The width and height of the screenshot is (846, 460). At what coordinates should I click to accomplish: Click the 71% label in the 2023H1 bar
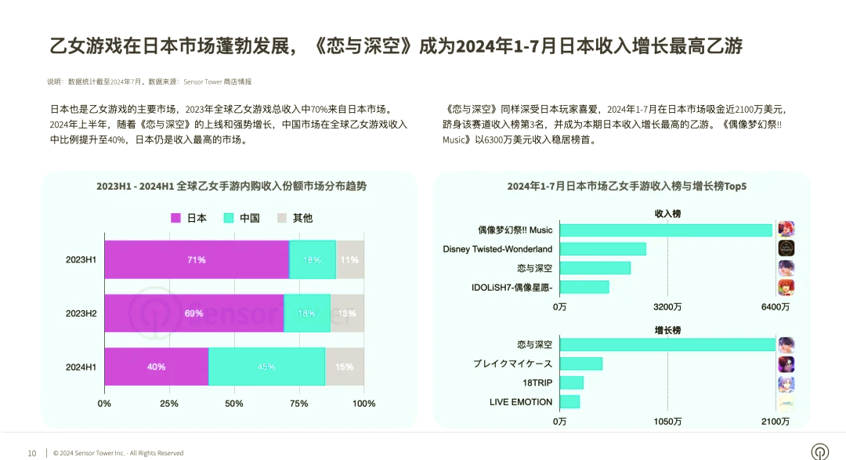(x=196, y=259)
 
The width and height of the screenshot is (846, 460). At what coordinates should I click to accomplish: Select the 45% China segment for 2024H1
(x=266, y=366)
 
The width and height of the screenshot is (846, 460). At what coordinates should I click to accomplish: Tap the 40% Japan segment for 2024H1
(x=156, y=366)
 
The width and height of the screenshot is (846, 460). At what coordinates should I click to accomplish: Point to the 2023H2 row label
(x=81, y=313)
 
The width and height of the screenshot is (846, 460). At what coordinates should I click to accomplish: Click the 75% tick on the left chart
(x=299, y=404)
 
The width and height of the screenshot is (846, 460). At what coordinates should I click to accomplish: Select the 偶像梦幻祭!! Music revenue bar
(x=666, y=230)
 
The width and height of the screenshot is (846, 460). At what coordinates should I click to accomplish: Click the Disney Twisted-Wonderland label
(x=497, y=249)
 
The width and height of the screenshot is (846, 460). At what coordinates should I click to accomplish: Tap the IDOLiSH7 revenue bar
(x=584, y=287)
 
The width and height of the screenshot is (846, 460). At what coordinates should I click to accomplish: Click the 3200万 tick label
(x=667, y=307)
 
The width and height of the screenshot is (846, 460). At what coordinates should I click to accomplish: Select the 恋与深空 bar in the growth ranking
(x=667, y=345)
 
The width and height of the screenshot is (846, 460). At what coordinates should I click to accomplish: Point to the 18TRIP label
(x=537, y=382)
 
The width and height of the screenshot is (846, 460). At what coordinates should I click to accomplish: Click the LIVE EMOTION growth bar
(x=569, y=401)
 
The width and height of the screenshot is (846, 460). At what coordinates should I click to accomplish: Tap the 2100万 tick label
(x=775, y=422)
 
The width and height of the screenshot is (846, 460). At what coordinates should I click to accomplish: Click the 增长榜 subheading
(x=667, y=329)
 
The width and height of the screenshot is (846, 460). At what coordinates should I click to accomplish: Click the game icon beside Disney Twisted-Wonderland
(x=786, y=248)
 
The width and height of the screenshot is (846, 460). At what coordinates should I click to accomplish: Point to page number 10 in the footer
(x=32, y=453)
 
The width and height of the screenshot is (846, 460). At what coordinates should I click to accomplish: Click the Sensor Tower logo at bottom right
(x=819, y=451)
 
